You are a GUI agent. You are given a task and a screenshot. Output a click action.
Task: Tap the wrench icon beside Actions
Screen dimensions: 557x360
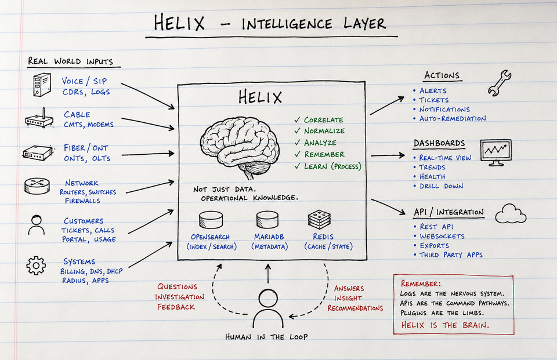(499, 83)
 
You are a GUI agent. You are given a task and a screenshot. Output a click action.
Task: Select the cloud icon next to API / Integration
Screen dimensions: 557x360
(511, 214)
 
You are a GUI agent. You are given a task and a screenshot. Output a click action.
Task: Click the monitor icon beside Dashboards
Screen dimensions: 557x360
(496, 152)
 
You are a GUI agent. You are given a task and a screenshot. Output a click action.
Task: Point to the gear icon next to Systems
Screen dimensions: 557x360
(36, 266)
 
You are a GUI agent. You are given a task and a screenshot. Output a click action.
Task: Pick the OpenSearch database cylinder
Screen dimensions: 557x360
(211, 220)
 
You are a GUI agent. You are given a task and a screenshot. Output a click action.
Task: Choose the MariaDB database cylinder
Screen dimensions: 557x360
(267, 220)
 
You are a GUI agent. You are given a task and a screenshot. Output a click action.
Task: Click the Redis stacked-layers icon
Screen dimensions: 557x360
(319, 219)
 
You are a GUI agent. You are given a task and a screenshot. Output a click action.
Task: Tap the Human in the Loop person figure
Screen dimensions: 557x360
(268, 308)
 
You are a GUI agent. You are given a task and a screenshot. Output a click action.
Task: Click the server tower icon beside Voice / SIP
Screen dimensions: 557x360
(42, 85)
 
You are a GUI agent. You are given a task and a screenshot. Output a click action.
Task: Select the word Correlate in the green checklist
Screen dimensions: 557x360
(323, 120)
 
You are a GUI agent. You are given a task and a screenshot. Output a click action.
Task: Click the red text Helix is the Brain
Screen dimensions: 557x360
(445, 325)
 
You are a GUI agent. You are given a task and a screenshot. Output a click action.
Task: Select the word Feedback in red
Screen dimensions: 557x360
(176, 307)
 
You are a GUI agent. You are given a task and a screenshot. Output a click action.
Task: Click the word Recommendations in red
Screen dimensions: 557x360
(355, 308)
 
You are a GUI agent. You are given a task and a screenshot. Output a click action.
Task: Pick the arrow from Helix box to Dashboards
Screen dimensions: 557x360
(388, 155)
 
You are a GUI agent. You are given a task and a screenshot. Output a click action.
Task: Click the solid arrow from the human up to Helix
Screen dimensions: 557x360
(268, 274)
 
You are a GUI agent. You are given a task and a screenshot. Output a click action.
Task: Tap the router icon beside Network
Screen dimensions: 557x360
(37, 186)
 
